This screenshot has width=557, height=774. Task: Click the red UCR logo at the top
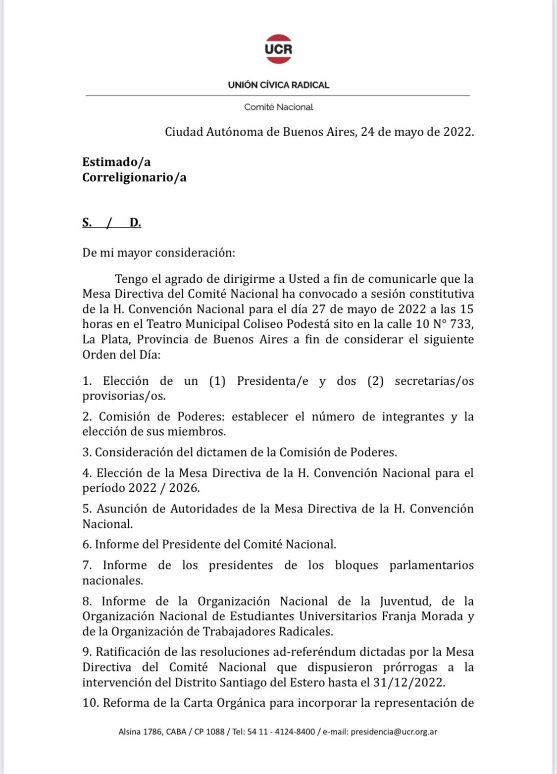(278, 49)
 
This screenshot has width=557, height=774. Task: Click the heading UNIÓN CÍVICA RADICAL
(278, 85)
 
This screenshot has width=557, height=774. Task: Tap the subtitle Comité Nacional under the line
(278, 107)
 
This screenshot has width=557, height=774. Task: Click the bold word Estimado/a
(116, 162)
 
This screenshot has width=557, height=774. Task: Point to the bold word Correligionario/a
(134, 177)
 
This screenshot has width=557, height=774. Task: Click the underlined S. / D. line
(111, 222)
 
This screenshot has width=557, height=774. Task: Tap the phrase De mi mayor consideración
(158, 253)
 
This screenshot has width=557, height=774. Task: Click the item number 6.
(87, 544)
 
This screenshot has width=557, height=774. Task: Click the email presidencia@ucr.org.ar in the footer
(394, 732)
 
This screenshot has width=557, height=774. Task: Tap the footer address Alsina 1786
(140, 732)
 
